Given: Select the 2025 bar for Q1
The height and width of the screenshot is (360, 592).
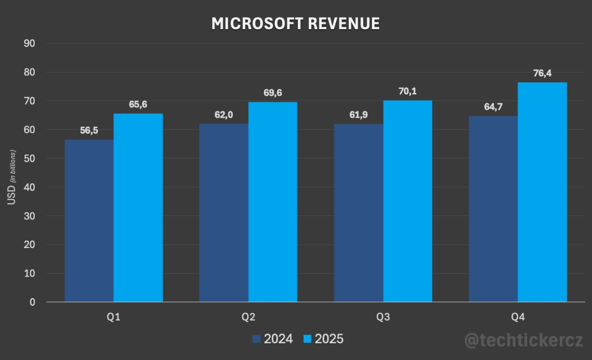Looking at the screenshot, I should click(138, 208).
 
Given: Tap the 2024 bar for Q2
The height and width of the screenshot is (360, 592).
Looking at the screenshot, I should click(224, 213).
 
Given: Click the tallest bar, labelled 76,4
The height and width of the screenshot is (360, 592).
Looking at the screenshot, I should click(542, 192).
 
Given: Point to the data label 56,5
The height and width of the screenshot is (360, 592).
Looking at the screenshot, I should click(89, 131).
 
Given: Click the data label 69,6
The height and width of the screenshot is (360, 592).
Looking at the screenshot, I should click(273, 93).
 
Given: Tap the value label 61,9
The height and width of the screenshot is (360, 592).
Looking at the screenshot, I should click(359, 115).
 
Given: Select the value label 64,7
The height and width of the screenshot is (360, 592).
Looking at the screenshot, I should click(493, 107).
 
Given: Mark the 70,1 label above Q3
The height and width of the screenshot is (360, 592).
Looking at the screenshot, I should click(407, 91).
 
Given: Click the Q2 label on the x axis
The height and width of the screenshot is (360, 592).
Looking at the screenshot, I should click(249, 318).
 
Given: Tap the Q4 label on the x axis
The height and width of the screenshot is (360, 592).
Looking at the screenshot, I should click(518, 318).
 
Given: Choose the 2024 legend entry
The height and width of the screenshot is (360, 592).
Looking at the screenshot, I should click(272, 339).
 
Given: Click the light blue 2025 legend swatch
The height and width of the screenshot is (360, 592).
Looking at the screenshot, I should click(307, 339).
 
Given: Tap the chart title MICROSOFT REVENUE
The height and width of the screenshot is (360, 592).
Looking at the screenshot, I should click(296, 23).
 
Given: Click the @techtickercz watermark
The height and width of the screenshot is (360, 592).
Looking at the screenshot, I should click(523, 340).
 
